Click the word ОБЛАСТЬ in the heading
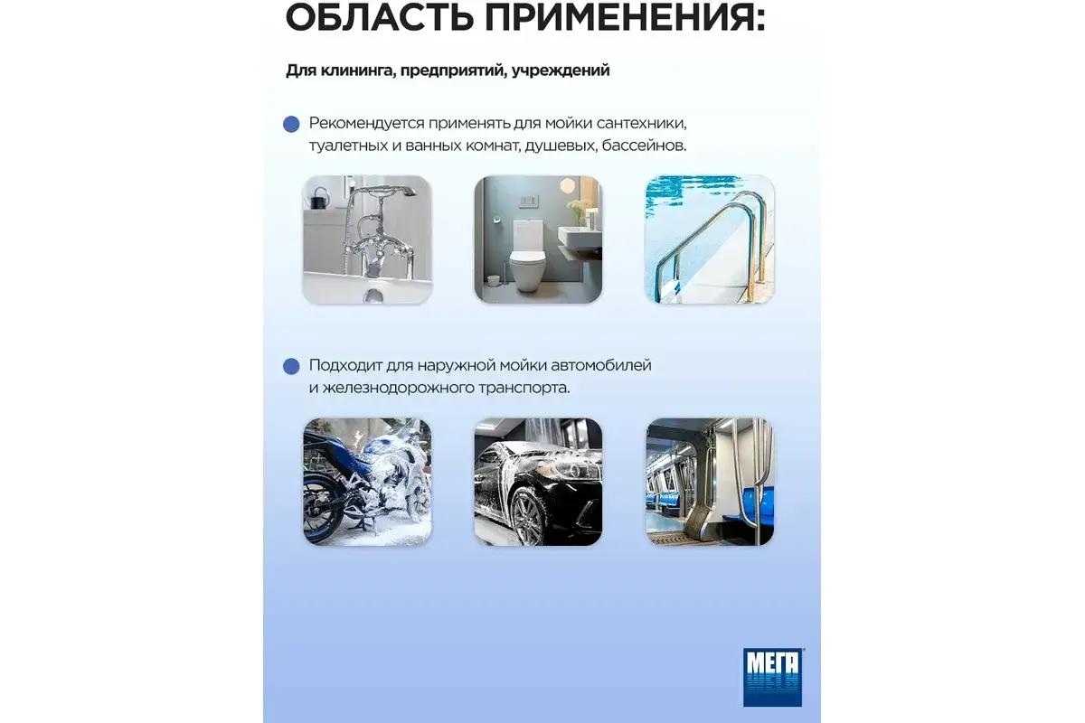click(379, 17)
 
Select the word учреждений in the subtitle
click(561, 70)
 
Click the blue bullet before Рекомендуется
click(291, 124)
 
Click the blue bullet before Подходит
click(291, 366)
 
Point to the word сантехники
click(641, 124)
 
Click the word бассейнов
click(644, 146)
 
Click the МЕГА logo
click(772, 677)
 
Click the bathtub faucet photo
click(367, 239)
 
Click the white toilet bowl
click(529, 257)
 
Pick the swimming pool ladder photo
click(710, 239)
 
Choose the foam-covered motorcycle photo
click(367, 482)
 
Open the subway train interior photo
click(710, 482)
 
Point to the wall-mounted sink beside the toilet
click(580, 236)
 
